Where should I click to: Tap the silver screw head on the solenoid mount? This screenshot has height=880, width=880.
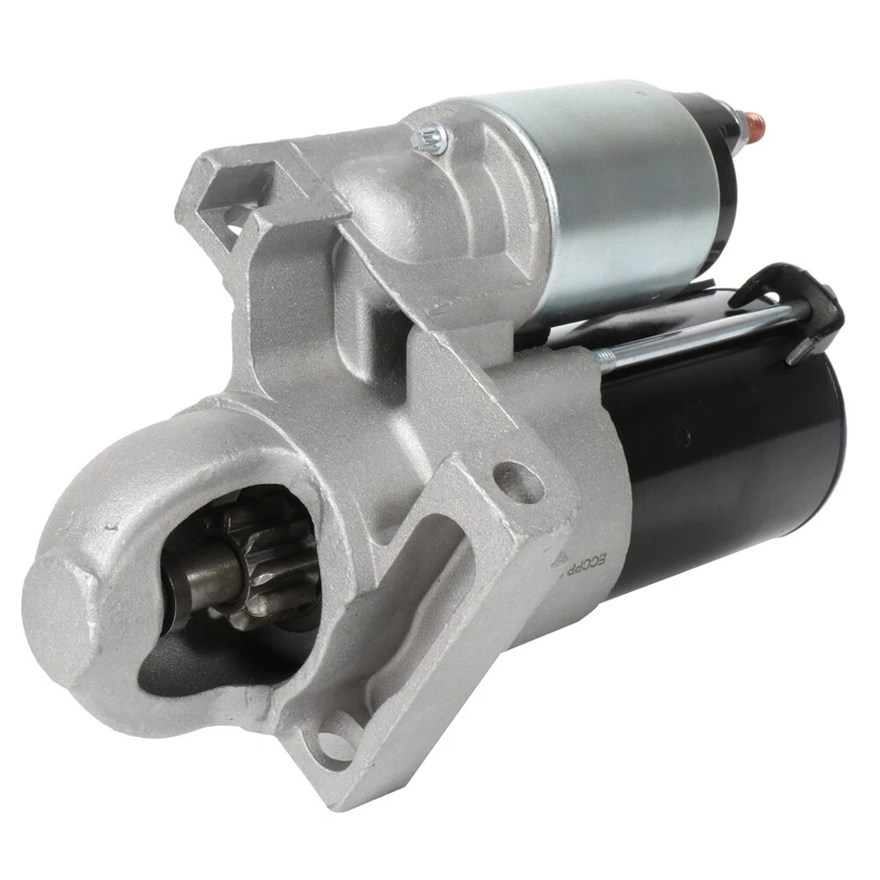point(430,137)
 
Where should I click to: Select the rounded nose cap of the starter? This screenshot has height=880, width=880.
point(64,605)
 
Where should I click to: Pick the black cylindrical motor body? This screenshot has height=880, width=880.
point(733,458)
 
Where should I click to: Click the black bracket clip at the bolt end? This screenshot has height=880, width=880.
point(807,302)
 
